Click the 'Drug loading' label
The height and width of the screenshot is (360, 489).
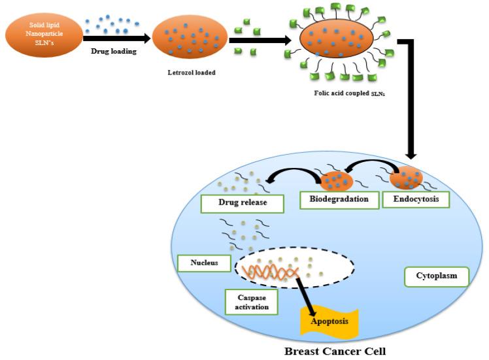(113, 52)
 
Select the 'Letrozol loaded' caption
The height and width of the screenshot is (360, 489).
(190, 73)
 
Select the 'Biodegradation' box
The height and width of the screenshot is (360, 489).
(339, 199)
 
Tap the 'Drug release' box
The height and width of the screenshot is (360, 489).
(242, 203)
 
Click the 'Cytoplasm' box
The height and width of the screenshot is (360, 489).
(437, 276)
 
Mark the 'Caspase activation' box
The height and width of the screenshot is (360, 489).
(252, 301)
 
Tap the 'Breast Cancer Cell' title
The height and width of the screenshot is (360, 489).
(335, 351)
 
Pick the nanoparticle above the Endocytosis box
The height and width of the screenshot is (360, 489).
(405, 176)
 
